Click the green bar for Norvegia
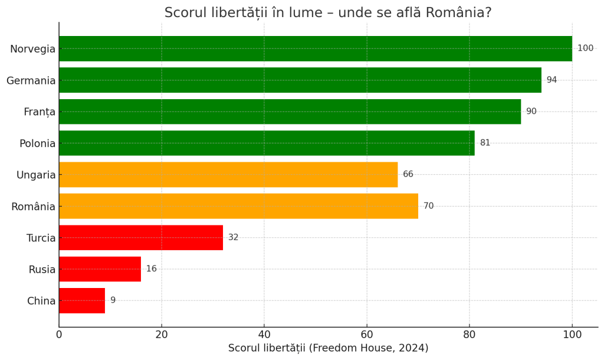(x=315, y=48)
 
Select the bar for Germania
(x=300, y=80)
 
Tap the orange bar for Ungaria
(x=228, y=175)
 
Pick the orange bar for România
(x=238, y=206)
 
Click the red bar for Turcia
(x=140, y=238)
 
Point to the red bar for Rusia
(x=100, y=269)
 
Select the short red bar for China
(x=82, y=300)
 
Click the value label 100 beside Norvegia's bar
(x=585, y=48)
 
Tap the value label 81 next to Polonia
(x=485, y=143)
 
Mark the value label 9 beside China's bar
(x=113, y=300)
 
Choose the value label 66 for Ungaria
(x=408, y=175)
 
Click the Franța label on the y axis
(x=40, y=112)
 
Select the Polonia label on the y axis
(x=37, y=143)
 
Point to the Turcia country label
(x=41, y=238)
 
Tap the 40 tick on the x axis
(x=264, y=335)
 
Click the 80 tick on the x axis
(x=470, y=335)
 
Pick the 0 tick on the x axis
(x=59, y=335)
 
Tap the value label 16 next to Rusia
(x=152, y=269)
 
